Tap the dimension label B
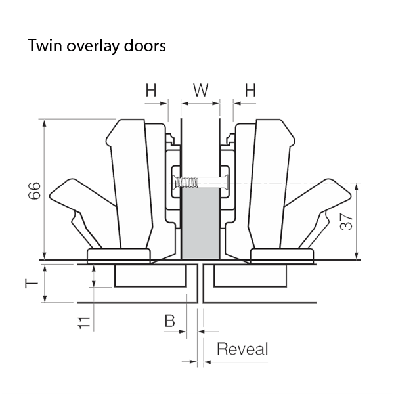point(169,321)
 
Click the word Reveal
point(242,349)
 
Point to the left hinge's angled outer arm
point(72,197)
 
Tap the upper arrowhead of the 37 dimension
point(356,186)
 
